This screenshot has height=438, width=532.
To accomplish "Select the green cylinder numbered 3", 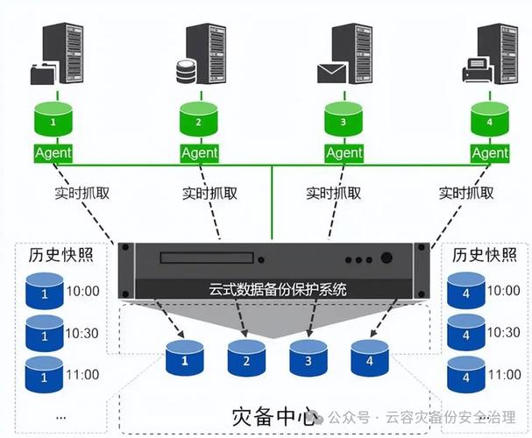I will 344,120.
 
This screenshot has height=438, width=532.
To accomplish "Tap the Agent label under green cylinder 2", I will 199,152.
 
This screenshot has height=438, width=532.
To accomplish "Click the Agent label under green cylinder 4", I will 489,152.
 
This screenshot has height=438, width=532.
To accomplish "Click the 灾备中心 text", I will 274,414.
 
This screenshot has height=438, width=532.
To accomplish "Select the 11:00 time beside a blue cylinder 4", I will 503,374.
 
